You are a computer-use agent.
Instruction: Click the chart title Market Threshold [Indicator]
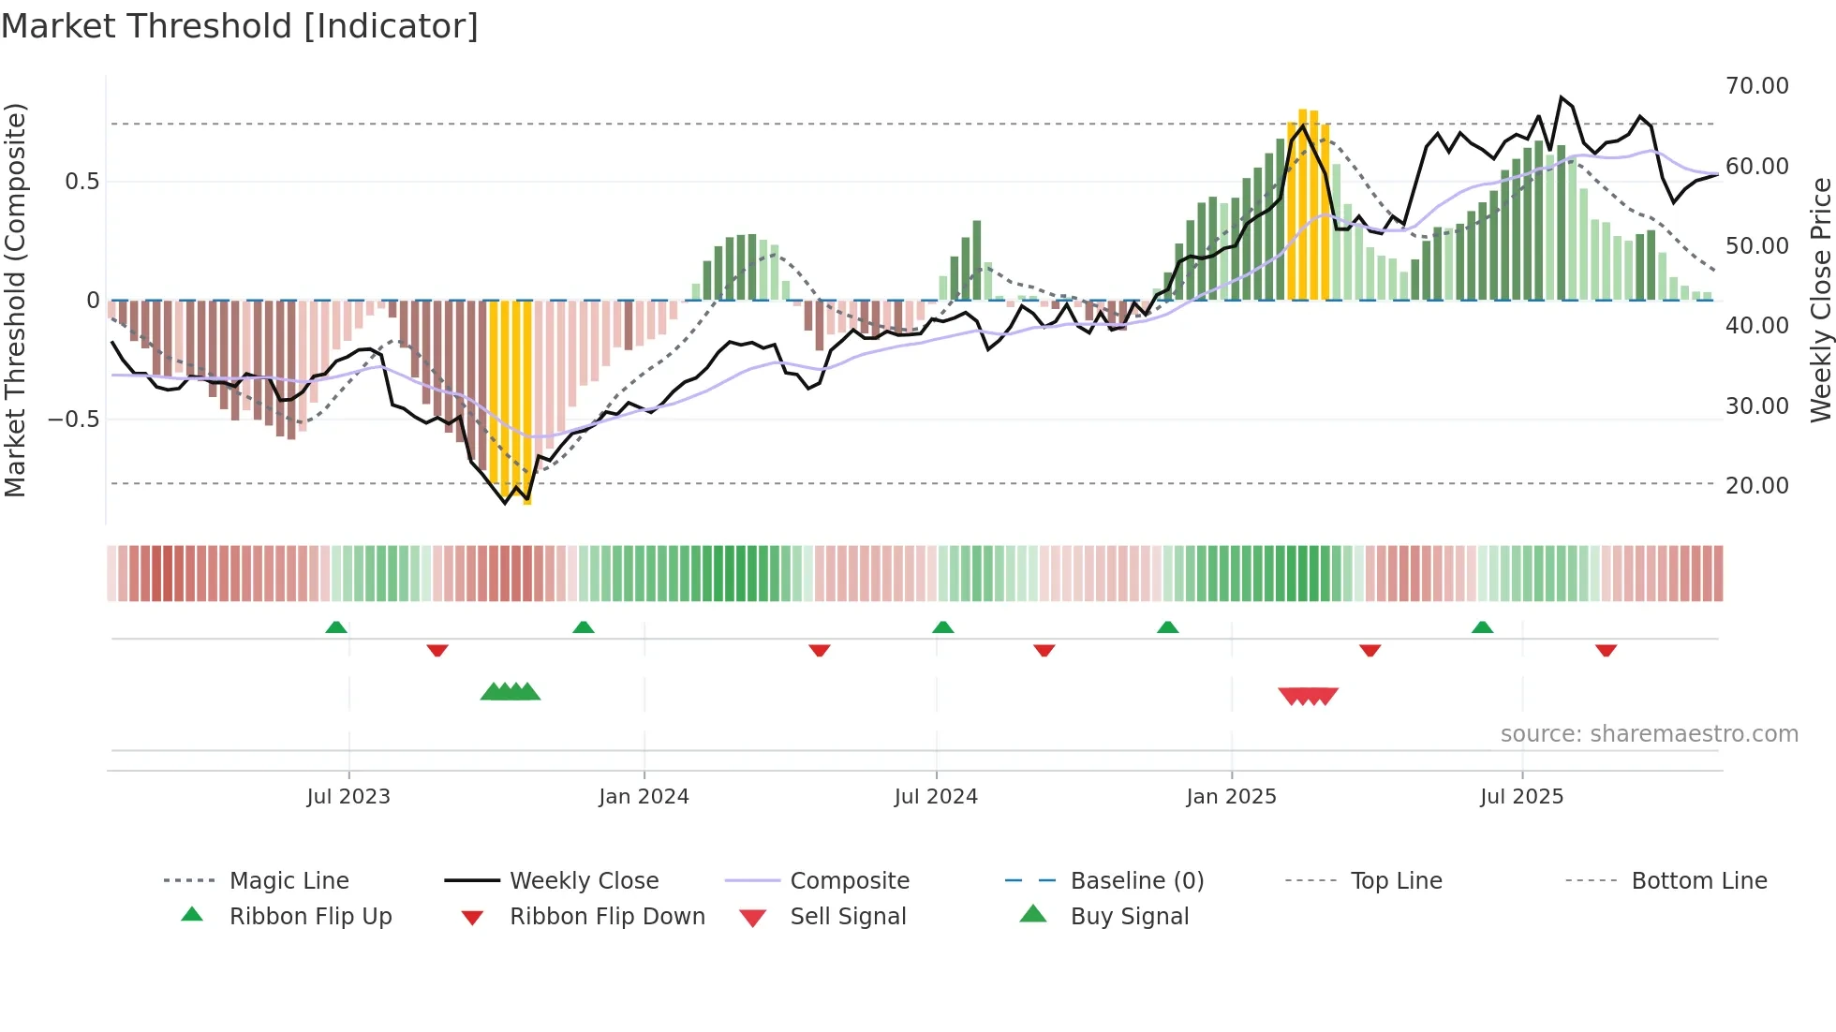click(x=240, y=26)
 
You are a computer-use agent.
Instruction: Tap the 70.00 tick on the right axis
click(x=1756, y=86)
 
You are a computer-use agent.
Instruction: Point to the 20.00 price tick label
click(x=1756, y=486)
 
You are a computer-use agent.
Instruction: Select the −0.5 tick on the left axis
click(x=74, y=419)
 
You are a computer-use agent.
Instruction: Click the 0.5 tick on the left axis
click(x=81, y=182)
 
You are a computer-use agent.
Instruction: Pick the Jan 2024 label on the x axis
click(x=644, y=797)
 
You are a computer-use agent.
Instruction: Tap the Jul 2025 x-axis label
click(x=1521, y=797)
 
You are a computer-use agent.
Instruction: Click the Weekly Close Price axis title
click(x=1819, y=300)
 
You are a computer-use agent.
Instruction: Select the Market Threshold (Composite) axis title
click(x=15, y=300)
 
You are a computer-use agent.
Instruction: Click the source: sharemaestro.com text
click(x=1649, y=734)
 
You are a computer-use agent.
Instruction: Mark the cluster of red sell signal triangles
click(x=1308, y=696)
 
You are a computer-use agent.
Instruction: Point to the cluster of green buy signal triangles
click(x=511, y=692)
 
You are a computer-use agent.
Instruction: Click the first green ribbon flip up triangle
click(x=336, y=627)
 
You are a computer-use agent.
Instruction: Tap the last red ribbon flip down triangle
click(x=1606, y=650)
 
